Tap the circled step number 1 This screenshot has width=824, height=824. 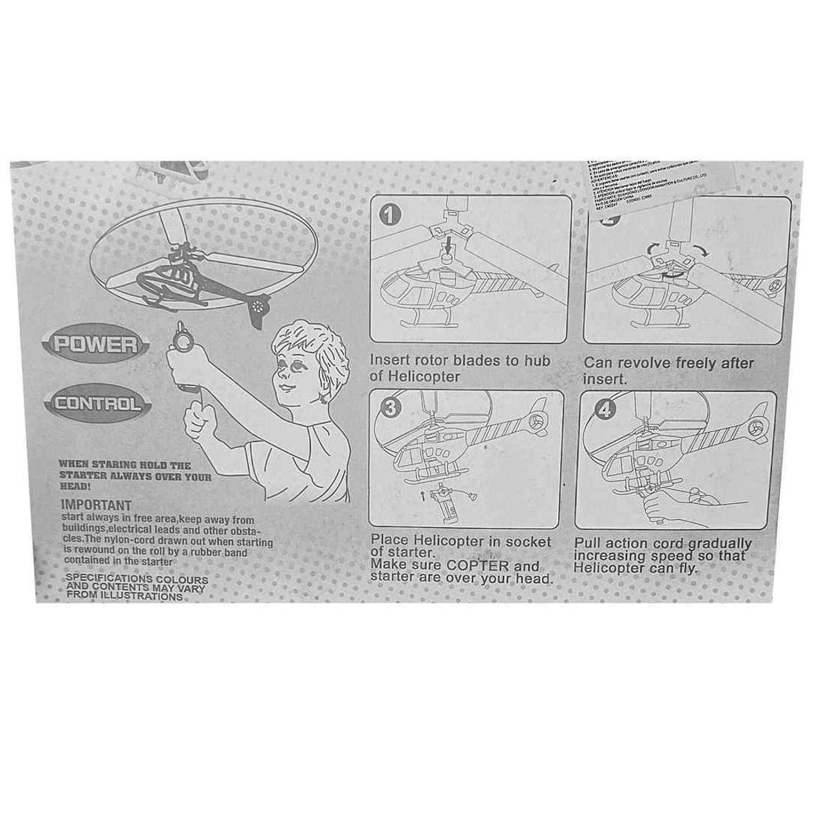390,216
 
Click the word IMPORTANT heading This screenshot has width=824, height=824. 96,505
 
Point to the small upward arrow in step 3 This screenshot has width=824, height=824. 422,494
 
